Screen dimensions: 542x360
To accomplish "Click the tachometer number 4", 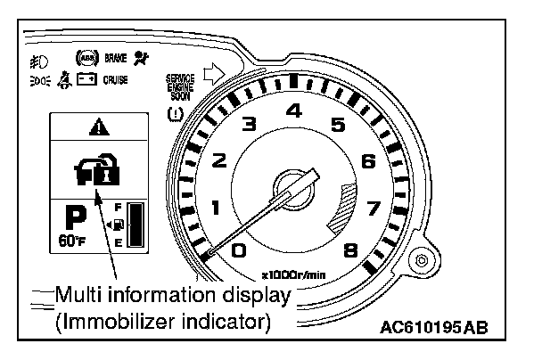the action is (x=293, y=111).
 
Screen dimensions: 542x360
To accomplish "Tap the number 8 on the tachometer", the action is (x=350, y=250).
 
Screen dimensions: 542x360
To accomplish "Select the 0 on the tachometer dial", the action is (x=238, y=250).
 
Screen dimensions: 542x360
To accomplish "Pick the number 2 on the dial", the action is (x=219, y=162).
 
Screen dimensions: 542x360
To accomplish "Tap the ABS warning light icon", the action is (x=86, y=58).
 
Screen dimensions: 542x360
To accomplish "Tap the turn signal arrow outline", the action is (x=214, y=73).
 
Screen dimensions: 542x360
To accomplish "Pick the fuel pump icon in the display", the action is (x=118, y=226).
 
